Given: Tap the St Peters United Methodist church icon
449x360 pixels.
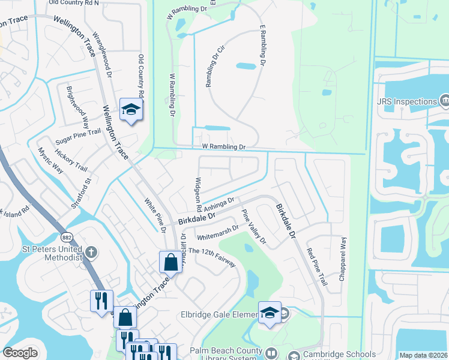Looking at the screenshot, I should (x=91, y=251).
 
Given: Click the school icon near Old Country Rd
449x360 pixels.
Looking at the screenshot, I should (x=130, y=109).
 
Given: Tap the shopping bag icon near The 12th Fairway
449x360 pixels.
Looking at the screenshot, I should (x=170, y=262).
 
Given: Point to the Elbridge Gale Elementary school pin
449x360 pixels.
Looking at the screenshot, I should (x=270, y=313).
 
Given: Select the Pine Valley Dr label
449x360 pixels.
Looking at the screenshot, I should (x=253, y=227).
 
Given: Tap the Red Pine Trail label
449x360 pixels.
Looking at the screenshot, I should (x=316, y=266).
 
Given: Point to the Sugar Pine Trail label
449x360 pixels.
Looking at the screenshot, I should (x=78, y=137).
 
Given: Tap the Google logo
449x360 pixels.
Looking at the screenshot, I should (x=20, y=353).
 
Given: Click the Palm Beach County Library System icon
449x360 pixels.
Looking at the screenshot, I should (x=271, y=352).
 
